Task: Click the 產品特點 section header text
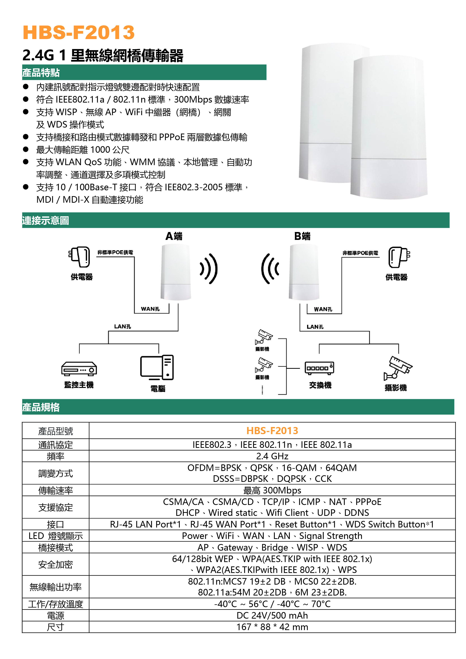41,73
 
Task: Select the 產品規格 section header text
41,407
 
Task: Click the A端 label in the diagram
174,236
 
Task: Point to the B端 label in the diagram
302,236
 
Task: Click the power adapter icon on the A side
79,257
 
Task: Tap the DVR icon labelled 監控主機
79,369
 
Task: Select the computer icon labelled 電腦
157,367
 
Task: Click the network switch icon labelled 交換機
319,368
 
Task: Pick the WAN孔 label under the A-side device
150,309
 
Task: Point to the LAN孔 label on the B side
315,327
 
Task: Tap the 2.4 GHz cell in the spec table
272,456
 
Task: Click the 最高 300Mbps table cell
272,490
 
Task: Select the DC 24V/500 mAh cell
272,615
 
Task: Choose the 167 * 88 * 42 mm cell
272,627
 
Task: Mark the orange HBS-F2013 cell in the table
272,431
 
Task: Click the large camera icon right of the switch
397,368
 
